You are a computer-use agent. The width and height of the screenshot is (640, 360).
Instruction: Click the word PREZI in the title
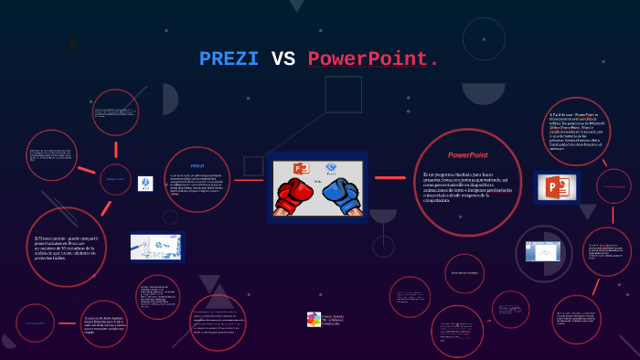coord(229,59)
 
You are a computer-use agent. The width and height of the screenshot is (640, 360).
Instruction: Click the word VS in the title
coord(283,59)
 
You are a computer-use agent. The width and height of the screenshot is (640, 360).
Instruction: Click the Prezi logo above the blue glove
coord(331,168)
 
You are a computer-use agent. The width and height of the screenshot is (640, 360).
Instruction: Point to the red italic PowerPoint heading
coord(467,155)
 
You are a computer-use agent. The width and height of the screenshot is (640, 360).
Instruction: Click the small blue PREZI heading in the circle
coord(197,165)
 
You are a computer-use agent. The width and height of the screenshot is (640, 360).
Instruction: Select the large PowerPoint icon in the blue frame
coord(557,188)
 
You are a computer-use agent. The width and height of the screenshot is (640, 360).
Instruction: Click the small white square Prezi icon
coord(144,183)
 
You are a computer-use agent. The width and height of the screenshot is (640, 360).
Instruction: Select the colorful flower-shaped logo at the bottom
coord(314,319)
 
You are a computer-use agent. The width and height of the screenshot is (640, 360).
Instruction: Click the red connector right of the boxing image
coord(389,177)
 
